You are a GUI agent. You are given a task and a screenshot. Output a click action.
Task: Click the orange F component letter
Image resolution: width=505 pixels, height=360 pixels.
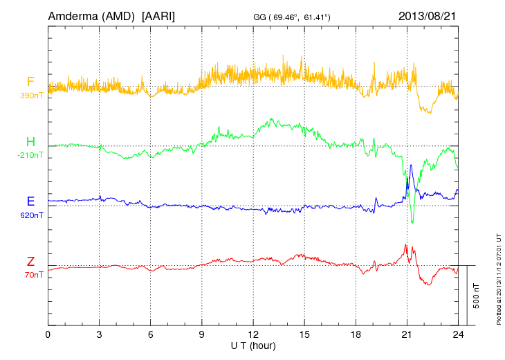click(x=30, y=82)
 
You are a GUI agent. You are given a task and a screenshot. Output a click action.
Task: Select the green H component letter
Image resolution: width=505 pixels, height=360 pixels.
click(x=30, y=142)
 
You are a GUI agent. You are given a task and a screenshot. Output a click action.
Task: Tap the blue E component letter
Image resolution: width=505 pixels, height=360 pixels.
click(x=30, y=201)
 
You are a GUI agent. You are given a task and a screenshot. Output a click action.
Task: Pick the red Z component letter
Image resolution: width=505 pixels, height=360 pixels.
click(x=30, y=262)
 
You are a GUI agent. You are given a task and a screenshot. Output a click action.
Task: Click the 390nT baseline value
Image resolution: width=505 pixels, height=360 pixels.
click(x=31, y=95)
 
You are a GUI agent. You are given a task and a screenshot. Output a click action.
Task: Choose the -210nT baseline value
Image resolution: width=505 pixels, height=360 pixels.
click(x=31, y=155)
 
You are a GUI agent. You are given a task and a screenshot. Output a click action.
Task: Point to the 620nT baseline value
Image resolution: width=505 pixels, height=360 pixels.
click(x=31, y=215)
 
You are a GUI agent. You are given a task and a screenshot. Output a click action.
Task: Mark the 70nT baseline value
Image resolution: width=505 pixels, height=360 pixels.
click(x=31, y=275)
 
